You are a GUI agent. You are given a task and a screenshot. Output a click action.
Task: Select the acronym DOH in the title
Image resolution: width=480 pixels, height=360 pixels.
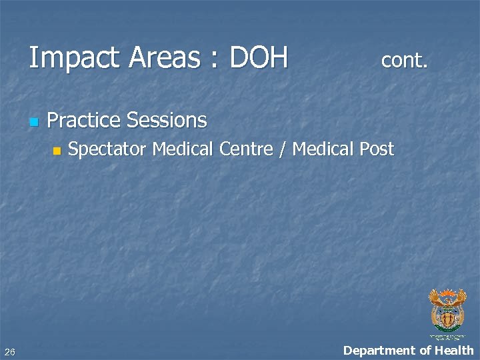click(x=258, y=58)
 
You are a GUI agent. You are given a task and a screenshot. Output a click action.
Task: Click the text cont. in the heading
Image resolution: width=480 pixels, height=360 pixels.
click(x=404, y=61)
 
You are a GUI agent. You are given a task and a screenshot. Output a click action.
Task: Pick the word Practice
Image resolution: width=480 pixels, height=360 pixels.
click(x=84, y=121)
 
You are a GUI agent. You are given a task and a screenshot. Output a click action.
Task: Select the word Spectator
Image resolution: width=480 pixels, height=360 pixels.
click(x=107, y=149)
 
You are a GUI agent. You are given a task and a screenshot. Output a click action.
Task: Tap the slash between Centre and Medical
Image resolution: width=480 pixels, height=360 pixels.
click(x=283, y=149)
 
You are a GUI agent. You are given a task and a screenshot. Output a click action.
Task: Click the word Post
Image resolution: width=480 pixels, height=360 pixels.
click(x=377, y=149)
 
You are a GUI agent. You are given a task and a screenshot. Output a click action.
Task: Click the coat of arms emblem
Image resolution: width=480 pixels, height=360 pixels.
click(x=447, y=312)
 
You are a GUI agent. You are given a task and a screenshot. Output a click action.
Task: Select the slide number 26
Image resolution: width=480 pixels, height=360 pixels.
click(x=9, y=351)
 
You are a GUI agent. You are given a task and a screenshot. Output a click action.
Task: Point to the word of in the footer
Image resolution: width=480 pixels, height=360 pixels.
click(x=425, y=350)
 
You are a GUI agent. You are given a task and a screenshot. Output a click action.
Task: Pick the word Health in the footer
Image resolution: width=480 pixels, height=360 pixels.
click(x=454, y=350)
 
